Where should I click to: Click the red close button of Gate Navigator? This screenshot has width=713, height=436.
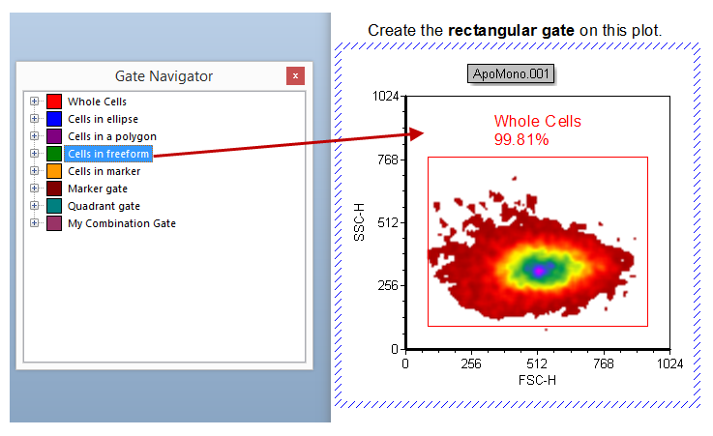(x=296, y=76)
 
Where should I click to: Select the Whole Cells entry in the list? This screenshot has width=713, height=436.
(x=97, y=102)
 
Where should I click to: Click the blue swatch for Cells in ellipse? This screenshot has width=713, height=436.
(x=54, y=119)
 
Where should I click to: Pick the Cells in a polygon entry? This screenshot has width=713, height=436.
(x=111, y=136)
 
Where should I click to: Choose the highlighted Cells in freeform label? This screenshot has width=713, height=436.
(x=108, y=154)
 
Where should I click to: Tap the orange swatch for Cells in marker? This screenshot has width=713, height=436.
(x=54, y=171)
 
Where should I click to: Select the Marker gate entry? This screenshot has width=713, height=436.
(x=97, y=189)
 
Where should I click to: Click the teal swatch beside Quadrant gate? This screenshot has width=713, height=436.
(x=54, y=206)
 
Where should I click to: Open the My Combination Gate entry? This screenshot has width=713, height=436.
(x=121, y=223)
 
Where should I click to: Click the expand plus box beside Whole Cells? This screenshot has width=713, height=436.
(x=35, y=102)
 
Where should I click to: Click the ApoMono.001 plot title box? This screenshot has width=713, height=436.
(x=511, y=74)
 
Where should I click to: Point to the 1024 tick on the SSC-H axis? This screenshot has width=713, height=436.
(x=387, y=97)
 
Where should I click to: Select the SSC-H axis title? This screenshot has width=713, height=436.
(x=360, y=222)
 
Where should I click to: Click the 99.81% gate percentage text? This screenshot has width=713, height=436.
(x=521, y=140)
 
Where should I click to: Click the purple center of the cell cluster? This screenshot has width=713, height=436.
(x=539, y=269)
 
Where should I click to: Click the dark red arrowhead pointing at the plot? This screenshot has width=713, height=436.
(x=416, y=133)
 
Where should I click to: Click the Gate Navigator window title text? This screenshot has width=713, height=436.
(x=163, y=76)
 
